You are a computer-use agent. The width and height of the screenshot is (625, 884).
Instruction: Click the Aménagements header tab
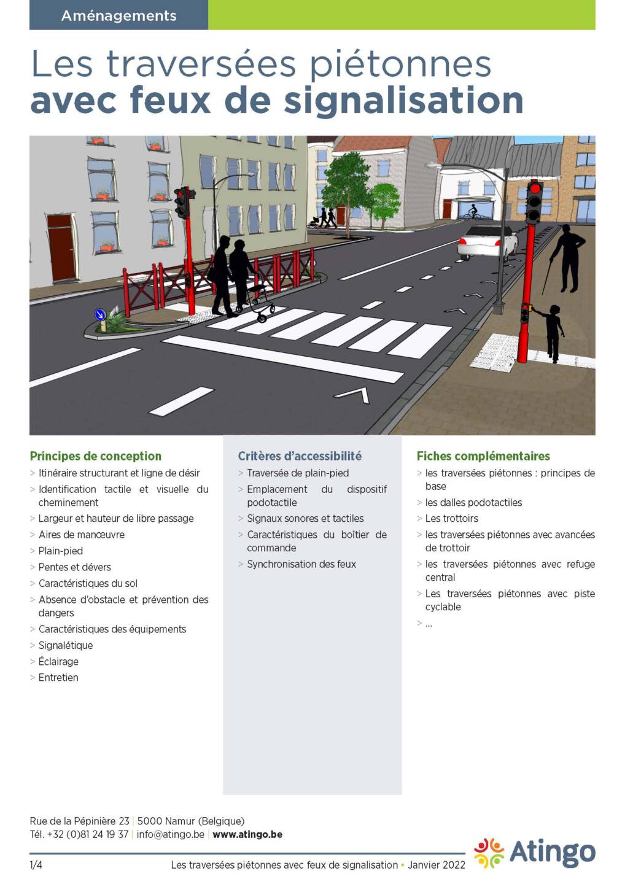point(118,15)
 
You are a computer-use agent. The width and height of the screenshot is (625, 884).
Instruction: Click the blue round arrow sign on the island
point(100,315)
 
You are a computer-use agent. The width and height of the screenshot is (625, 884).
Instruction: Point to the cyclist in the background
point(472,212)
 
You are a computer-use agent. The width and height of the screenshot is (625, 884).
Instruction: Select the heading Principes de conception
point(96,456)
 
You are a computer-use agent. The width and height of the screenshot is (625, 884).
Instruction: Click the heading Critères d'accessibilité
point(300,456)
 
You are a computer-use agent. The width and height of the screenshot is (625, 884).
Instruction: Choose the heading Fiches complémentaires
point(483,456)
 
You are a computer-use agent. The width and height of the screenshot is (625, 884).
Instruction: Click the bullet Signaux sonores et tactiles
point(305,519)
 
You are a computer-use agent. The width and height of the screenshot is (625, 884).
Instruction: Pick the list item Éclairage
point(58,662)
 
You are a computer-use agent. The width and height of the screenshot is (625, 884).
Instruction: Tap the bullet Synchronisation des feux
point(301,564)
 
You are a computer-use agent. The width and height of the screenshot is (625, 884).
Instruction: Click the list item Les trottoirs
point(452,519)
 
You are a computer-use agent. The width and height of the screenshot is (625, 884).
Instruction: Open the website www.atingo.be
point(247,835)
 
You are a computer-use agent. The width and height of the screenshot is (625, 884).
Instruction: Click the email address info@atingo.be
point(170,835)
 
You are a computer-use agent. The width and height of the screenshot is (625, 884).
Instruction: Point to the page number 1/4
point(36,865)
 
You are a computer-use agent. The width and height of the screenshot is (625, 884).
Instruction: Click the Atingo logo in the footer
point(535,853)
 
